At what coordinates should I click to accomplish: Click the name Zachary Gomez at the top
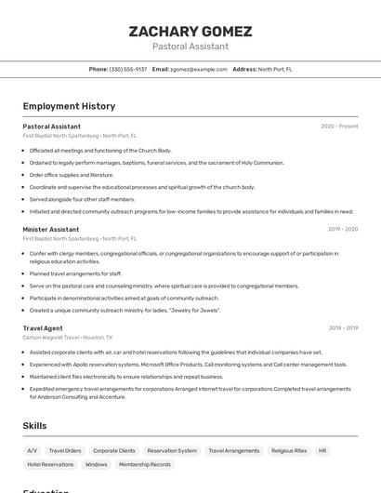click(x=190, y=31)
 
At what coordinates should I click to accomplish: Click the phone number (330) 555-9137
click(x=128, y=69)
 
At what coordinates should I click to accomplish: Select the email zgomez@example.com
click(x=199, y=69)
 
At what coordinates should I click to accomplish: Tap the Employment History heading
click(x=69, y=106)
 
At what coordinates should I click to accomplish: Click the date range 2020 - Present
click(x=339, y=126)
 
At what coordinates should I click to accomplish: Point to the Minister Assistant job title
click(x=51, y=229)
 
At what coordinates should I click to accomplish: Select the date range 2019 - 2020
click(x=343, y=229)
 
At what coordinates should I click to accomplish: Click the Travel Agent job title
click(x=43, y=327)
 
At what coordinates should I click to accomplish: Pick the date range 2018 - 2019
click(x=343, y=327)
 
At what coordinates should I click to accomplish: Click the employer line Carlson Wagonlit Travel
click(x=67, y=338)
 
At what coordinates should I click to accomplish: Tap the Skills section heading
click(x=35, y=425)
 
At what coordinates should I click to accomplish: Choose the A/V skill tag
click(x=33, y=450)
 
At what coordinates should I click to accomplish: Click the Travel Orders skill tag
click(x=65, y=450)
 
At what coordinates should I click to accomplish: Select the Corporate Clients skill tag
click(x=114, y=450)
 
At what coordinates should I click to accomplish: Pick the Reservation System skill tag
click(x=172, y=450)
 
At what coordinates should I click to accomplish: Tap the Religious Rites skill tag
click(x=289, y=450)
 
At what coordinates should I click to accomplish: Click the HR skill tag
click(x=322, y=450)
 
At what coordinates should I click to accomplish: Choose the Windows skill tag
click(x=97, y=464)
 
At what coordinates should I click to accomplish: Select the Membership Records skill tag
click(x=145, y=464)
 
